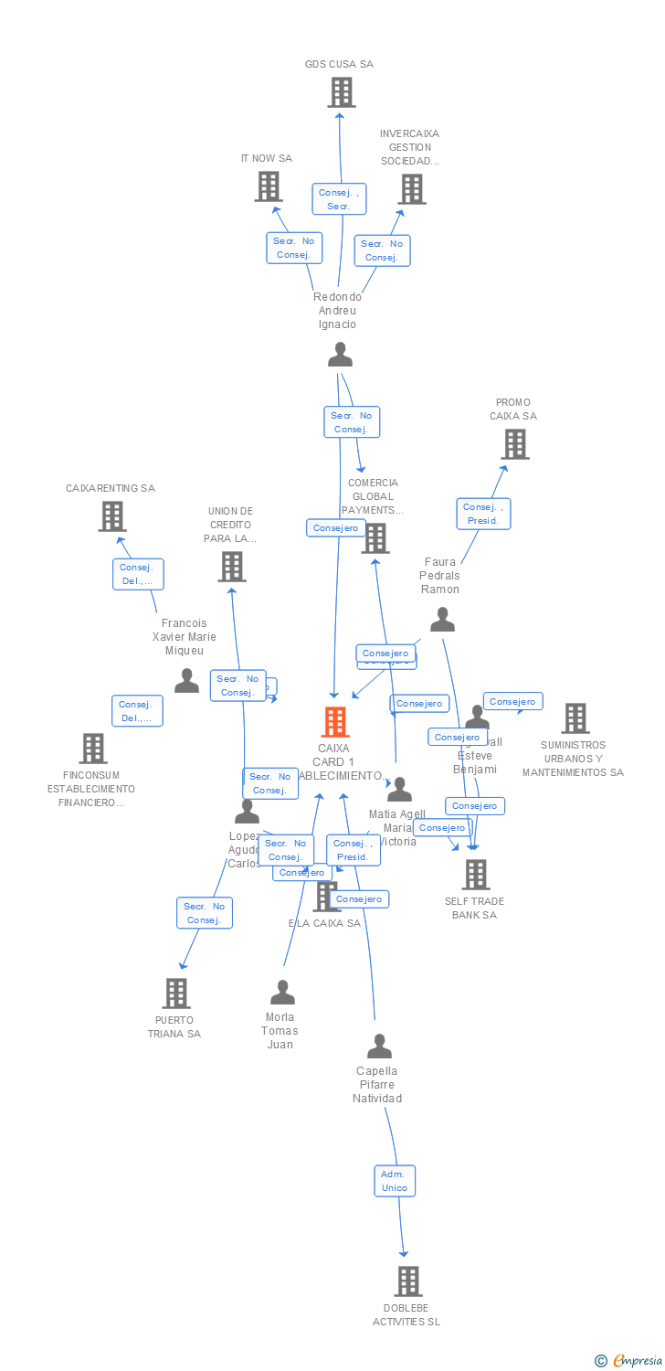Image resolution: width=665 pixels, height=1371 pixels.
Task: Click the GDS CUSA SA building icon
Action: pyautogui.click(x=341, y=92)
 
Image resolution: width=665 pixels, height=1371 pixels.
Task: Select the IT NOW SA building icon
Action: pyautogui.click(x=268, y=186)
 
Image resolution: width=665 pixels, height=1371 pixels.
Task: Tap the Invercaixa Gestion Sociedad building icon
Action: pyautogui.click(x=411, y=189)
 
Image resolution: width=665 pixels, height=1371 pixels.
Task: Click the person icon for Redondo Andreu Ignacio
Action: pyautogui.click(x=340, y=355)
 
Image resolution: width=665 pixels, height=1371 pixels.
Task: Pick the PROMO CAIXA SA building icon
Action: pyautogui.click(x=515, y=444)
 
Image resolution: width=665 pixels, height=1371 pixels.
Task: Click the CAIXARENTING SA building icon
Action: pyautogui.click(x=111, y=516)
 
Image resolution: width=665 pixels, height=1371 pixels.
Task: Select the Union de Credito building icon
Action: pyautogui.click(x=231, y=567)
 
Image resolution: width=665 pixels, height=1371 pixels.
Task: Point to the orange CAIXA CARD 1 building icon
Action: pyautogui.click(x=335, y=722)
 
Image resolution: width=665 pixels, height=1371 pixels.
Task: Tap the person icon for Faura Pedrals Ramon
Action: pyautogui.click(x=442, y=621)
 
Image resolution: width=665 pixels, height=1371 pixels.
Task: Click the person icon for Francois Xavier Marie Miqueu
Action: pyautogui.click(x=186, y=681)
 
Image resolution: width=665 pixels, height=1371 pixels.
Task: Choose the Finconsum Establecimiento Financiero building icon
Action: pyautogui.click(x=92, y=749)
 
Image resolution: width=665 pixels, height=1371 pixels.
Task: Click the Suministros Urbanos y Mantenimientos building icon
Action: pyautogui.click(x=575, y=718)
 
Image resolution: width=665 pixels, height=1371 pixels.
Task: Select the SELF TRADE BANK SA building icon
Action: pyautogui.click(x=475, y=875)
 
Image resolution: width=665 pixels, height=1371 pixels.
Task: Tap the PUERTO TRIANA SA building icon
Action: pyautogui.click(x=175, y=994)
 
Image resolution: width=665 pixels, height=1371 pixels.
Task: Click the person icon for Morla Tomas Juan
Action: pyautogui.click(x=282, y=993)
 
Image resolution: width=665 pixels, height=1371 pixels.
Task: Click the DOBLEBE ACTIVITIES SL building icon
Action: pyautogui.click(x=407, y=1281)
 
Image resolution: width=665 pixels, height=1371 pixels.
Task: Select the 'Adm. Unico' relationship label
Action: pyautogui.click(x=395, y=1181)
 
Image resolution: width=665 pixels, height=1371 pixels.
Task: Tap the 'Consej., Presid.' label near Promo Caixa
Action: pyautogui.click(x=483, y=514)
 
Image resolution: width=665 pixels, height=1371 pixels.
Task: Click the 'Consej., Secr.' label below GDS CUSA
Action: pyautogui.click(x=340, y=199)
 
